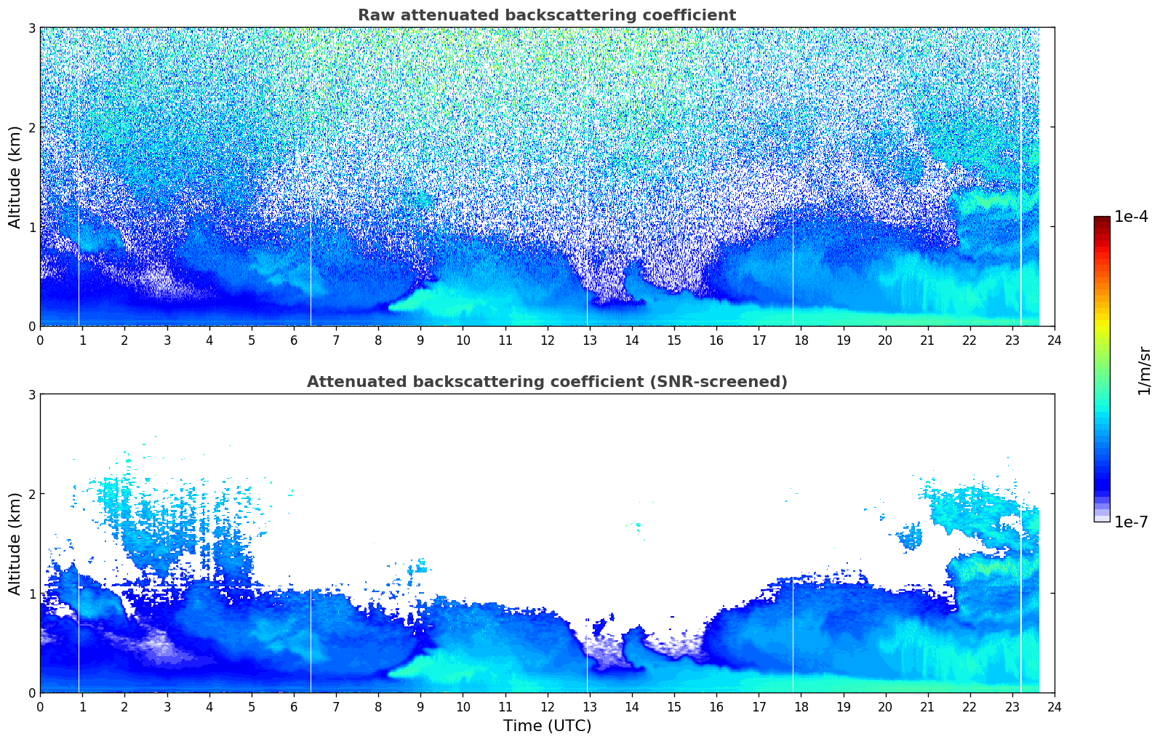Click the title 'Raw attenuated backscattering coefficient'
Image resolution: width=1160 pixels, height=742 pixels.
pyautogui.click(x=546, y=15)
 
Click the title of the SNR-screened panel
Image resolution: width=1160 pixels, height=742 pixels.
pyautogui.click(x=546, y=382)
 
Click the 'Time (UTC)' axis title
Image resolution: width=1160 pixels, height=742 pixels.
pyautogui.click(x=547, y=725)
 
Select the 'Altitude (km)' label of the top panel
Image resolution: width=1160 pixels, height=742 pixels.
pyautogui.click(x=15, y=177)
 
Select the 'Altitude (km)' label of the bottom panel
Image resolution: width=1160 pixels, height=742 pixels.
pyautogui.click(x=15, y=543)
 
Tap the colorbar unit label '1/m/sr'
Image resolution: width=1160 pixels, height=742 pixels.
pyautogui.click(x=1144, y=370)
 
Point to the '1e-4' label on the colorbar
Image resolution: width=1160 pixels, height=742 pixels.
pyautogui.click(x=1131, y=217)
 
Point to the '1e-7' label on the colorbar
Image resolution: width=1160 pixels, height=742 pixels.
pyautogui.click(x=1131, y=522)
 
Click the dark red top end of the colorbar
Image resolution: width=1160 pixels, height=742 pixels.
pyautogui.click(x=1101, y=219)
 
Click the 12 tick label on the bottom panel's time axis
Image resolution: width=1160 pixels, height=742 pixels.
pyautogui.click(x=547, y=706)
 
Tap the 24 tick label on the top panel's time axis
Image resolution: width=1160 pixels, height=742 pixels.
pyautogui.click(x=1054, y=340)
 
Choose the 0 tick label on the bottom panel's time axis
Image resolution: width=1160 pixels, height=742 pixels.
pyautogui.click(x=40, y=706)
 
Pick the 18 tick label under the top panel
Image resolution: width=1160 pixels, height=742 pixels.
pyautogui.click(x=801, y=340)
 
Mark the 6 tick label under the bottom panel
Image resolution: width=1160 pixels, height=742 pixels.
pyautogui.click(x=294, y=706)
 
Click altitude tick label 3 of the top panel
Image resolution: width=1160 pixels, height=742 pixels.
pyautogui.click(x=32, y=28)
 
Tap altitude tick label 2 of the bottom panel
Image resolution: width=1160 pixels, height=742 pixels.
pyautogui.click(x=32, y=494)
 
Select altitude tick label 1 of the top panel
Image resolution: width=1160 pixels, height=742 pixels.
pyautogui.click(x=32, y=227)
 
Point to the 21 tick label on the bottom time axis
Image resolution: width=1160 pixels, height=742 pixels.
pyautogui.click(x=927, y=706)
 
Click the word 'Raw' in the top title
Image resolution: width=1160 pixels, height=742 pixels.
pyautogui.click(x=372, y=15)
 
